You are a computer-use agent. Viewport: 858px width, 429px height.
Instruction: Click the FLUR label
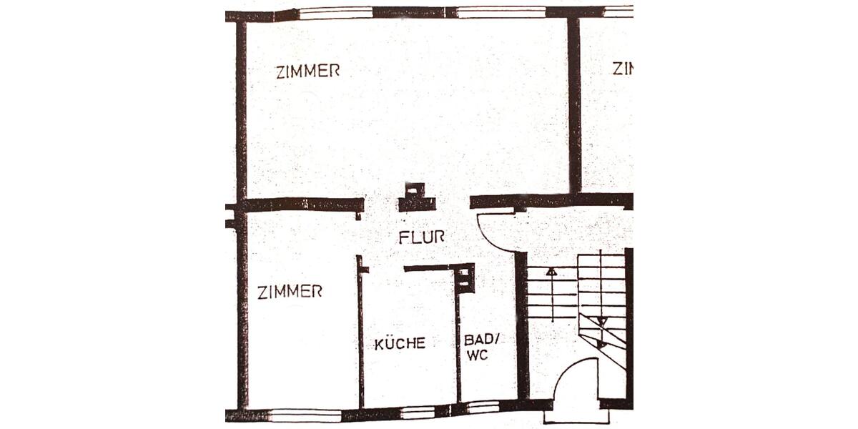(x=422, y=237)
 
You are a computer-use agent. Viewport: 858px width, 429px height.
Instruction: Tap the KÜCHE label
(x=400, y=343)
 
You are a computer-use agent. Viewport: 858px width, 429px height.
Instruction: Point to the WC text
(x=476, y=355)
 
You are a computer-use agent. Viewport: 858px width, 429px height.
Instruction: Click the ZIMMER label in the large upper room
(x=307, y=71)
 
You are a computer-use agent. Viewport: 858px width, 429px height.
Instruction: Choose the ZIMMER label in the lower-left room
(x=290, y=291)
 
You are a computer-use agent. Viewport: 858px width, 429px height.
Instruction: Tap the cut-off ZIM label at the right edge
(x=623, y=69)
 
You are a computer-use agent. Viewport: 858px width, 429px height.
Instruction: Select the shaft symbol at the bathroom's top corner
(x=465, y=278)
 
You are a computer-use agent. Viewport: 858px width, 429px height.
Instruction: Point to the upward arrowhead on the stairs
(x=551, y=272)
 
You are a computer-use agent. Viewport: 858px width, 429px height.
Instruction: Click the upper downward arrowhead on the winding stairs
(x=601, y=321)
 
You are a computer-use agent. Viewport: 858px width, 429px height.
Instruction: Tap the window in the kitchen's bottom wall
(x=418, y=413)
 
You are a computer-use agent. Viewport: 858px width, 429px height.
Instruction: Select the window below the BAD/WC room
(x=483, y=409)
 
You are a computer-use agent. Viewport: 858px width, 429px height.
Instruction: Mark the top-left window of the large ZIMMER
(x=335, y=12)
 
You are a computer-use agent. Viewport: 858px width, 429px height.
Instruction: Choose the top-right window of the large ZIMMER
(x=500, y=12)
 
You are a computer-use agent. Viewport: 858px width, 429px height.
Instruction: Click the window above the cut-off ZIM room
(x=618, y=11)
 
